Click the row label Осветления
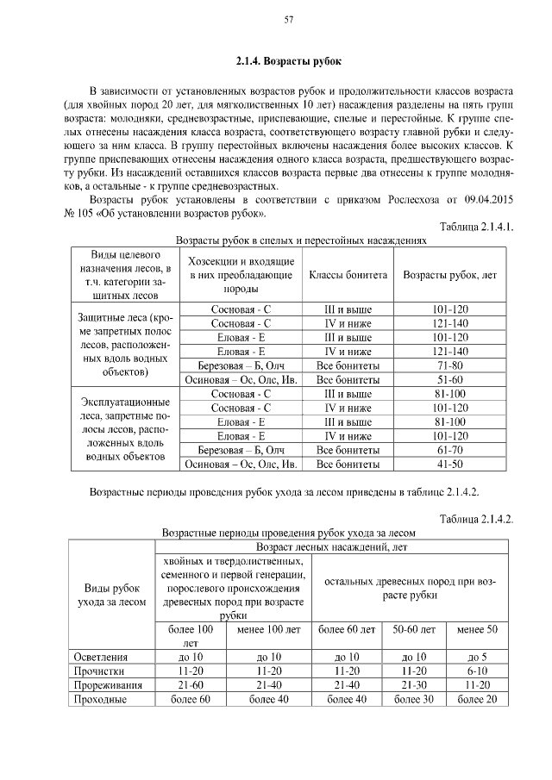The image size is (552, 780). tap(101, 657)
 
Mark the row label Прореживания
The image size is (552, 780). tap(108, 684)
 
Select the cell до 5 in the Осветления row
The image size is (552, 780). tap(477, 657)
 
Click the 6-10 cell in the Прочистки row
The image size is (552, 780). tap(477, 671)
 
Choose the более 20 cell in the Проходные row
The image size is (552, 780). tap(477, 699)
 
